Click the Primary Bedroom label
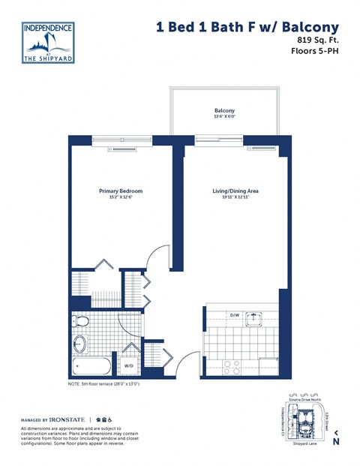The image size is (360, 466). coord(121,191)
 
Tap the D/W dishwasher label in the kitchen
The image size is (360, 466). coord(233,315)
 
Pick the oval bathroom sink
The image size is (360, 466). coord(79,345)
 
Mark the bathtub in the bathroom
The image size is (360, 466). coord(91,367)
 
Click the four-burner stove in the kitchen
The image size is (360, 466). coord(232,366)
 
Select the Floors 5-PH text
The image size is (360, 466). coord(315,52)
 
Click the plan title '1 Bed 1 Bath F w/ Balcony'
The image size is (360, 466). coord(249,27)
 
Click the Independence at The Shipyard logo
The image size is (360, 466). coord(48,42)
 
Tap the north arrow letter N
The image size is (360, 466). coord(335,442)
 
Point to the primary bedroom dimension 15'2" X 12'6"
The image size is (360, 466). coord(121,197)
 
